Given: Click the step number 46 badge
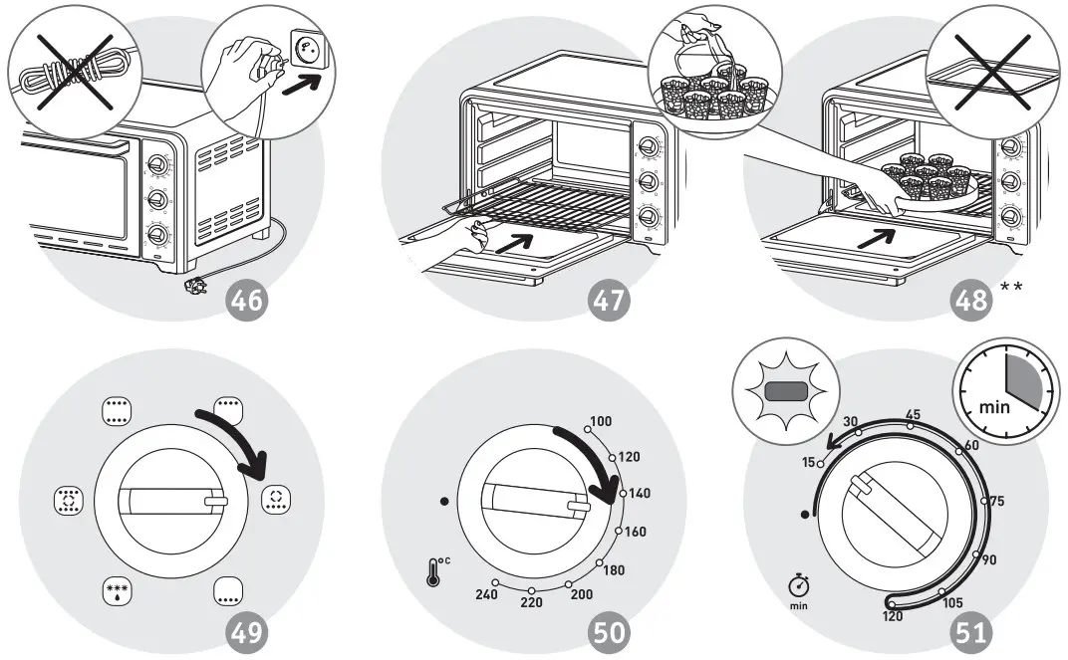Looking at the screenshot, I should click(x=248, y=298).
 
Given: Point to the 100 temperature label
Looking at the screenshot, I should click(x=601, y=422).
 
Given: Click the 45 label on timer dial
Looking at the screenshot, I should click(x=912, y=414).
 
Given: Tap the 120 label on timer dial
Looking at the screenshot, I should click(x=893, y=617).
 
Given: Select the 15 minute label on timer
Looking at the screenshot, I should click(x=809, y=463).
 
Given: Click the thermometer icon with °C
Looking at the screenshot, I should click(x=435, y=571).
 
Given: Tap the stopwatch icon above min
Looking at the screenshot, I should click(x=798, y=582).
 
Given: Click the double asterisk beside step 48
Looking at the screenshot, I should click(x=1012, y=288).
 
